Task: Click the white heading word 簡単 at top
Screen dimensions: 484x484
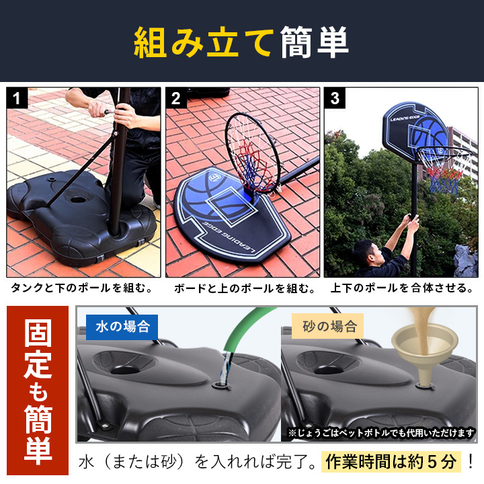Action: [315, 42]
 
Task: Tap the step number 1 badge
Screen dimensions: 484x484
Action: [17, 98]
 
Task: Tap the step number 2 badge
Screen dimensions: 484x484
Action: [176, 98]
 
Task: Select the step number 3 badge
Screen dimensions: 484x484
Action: [335, 98]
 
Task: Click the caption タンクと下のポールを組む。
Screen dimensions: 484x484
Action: [82, 288]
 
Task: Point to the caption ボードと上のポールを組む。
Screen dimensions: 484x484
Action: [245, 288]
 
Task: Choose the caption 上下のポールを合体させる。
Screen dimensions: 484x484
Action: [402, 288]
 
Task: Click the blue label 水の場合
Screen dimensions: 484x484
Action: [122, 327]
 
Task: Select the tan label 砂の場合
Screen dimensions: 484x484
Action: [328, 326]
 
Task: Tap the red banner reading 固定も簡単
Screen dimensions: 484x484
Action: [38, 390]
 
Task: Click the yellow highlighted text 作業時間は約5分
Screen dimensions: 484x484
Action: [391, 462]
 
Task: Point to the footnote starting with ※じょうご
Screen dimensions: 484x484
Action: [381, 433]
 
